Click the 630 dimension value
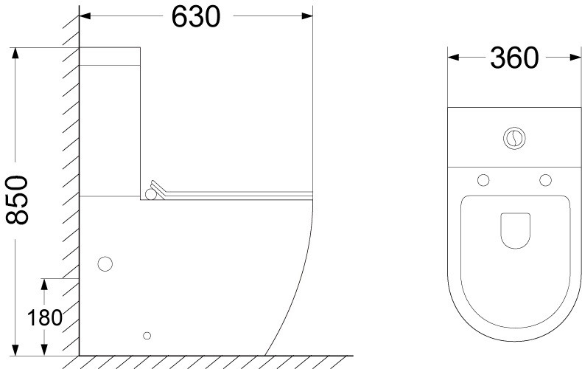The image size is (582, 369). click(x=196, y=17)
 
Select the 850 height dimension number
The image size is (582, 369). click(x=17, y=200)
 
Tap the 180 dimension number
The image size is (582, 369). click(x=44, y=317)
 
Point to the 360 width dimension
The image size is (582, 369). click(x=514, y=58)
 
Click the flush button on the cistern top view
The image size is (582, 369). click(x=514, y=139)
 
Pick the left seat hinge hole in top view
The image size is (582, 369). click(x=483, y=180)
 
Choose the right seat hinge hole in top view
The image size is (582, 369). click(x=545, y=180)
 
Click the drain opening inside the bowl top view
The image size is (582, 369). click(x=515, y=230)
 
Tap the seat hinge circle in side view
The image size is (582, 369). click(x=151, y=194)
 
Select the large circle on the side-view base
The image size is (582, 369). click(x=105, y=263)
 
